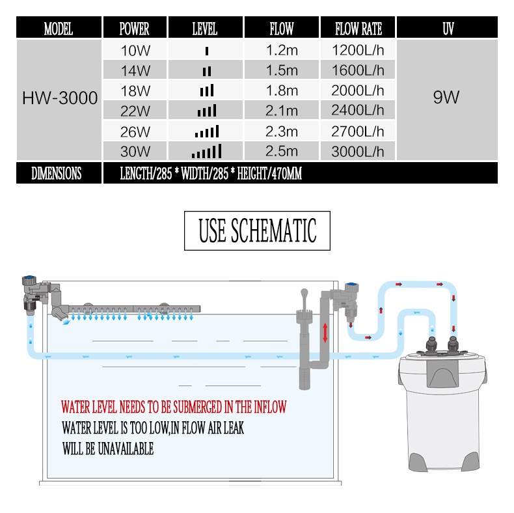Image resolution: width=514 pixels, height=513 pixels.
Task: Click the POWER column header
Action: [x=135, y=29]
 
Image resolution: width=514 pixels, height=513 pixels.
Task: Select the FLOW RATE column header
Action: [x=358, y=29]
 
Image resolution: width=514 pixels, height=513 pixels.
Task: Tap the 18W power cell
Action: [x=135, y=91]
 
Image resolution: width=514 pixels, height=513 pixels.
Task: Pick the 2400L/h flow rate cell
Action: [x=358, y=111]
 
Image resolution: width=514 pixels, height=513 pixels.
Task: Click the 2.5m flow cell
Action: [x=282, y=151]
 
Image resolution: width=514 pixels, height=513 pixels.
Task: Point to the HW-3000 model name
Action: [x=60, y=98]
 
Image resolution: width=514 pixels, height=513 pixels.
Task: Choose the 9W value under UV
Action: [x=446, y=97]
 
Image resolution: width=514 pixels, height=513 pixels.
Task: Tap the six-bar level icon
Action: [x=206, y=151]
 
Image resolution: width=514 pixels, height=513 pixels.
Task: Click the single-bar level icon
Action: [x=206, y=51]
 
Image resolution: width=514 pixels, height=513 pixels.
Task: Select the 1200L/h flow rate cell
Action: [x=358, y=50]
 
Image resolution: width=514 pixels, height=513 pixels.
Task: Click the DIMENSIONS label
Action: [x=57, y=173]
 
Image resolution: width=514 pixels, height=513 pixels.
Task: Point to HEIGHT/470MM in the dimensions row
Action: [x=269, y=173]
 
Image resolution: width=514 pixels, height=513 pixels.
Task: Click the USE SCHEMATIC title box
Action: [x=258, y=230]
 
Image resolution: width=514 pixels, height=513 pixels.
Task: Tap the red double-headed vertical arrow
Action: [x=325, y=333]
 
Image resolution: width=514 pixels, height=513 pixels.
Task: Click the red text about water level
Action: [x=174, y=407]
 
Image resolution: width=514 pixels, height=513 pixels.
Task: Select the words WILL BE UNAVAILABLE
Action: [x=108, y=449]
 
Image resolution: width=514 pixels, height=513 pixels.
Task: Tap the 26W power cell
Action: [x=135, y=132]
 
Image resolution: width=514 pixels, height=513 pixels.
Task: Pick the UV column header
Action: [x=448, y=29]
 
